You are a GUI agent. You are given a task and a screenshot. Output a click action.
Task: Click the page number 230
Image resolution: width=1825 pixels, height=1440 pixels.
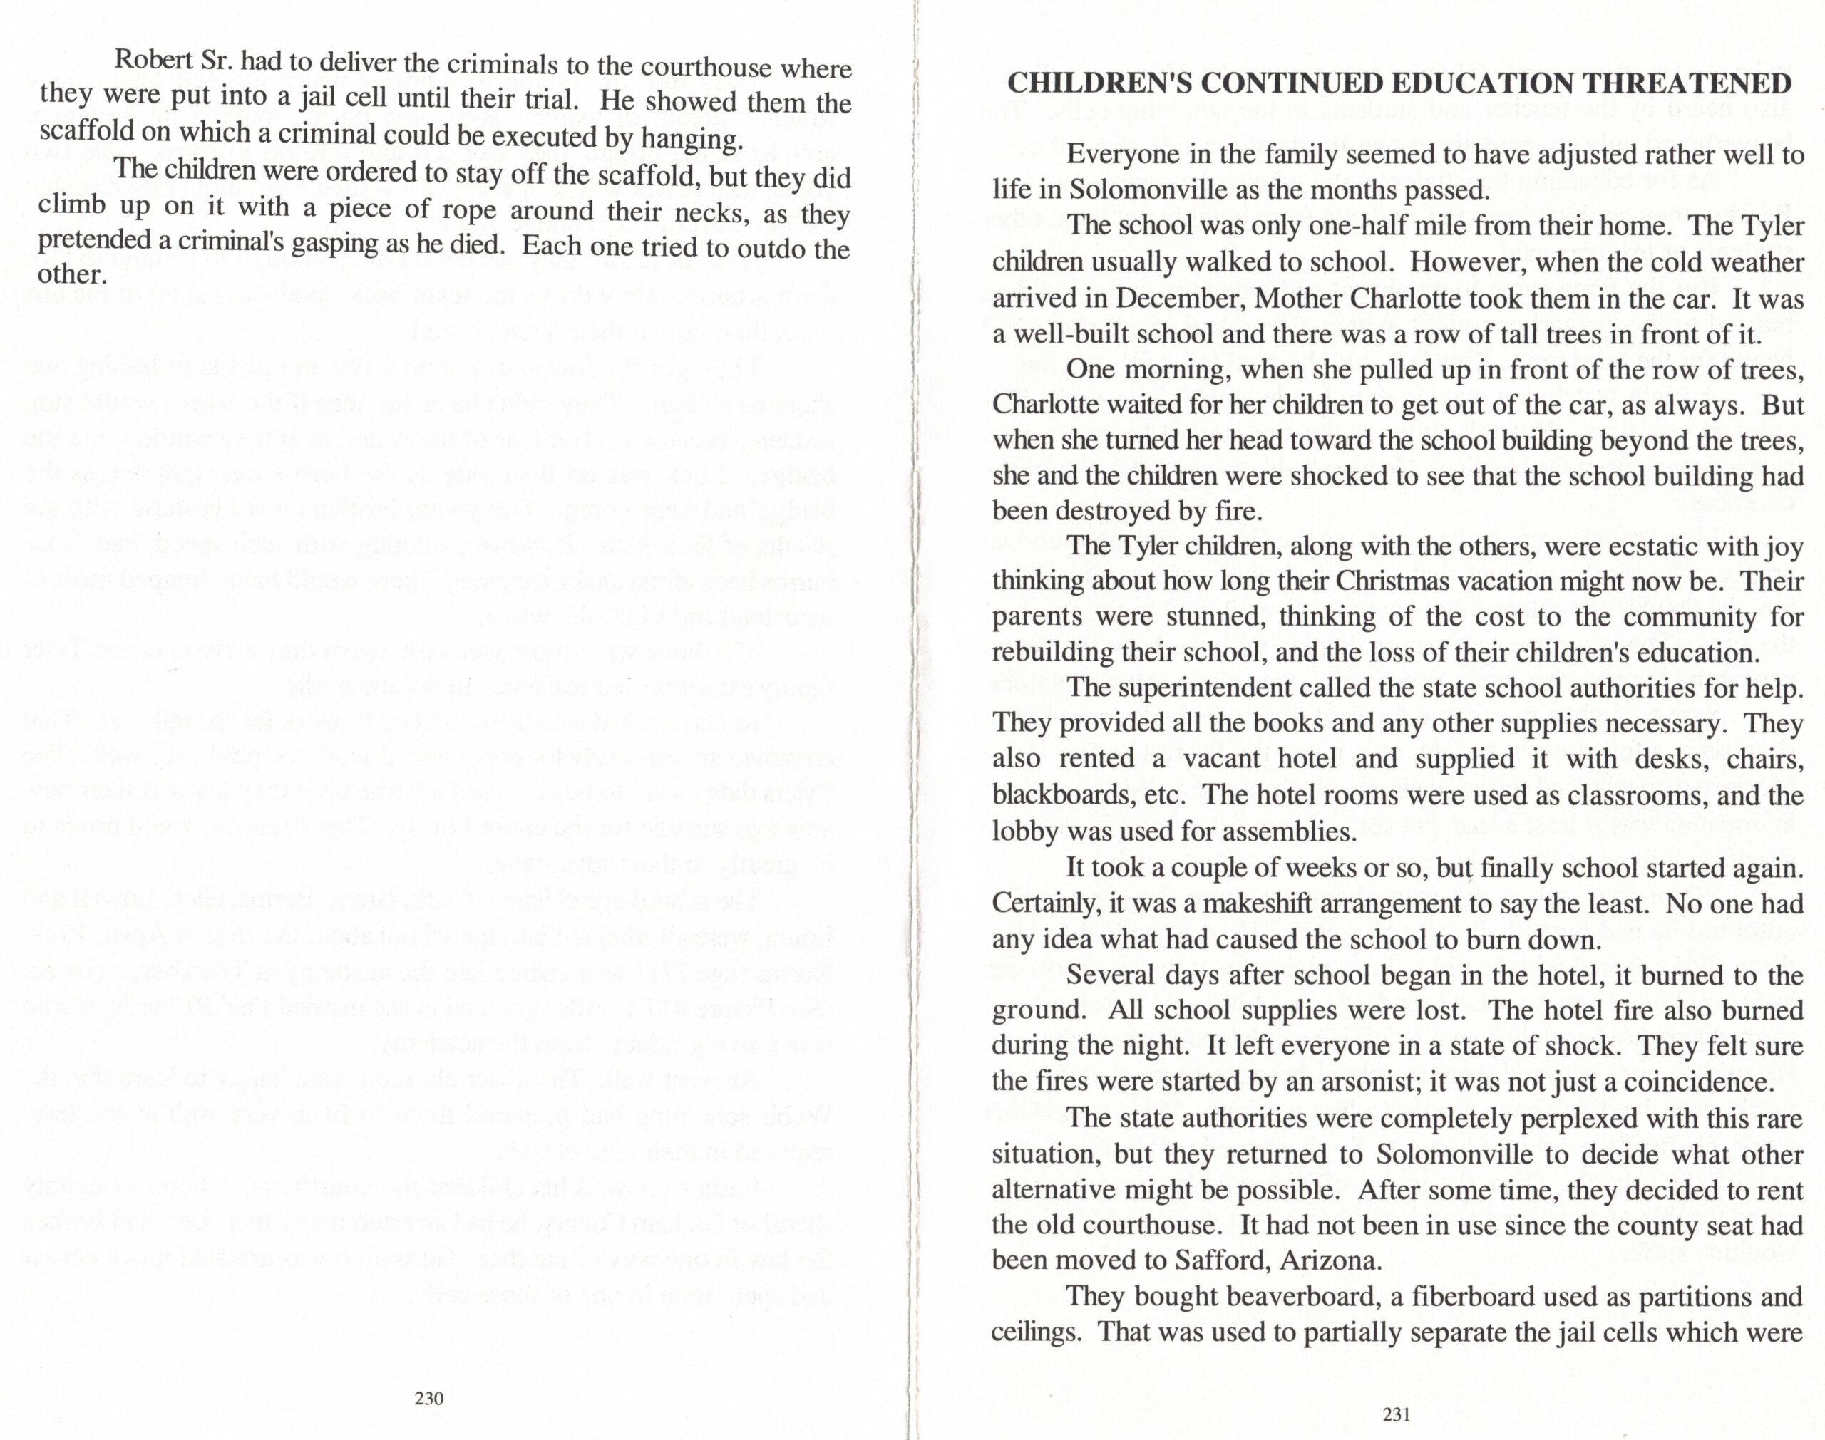(x=429, y=1399)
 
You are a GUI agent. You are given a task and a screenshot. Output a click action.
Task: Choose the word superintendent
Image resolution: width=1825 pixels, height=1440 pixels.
(x=1220, y=687)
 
